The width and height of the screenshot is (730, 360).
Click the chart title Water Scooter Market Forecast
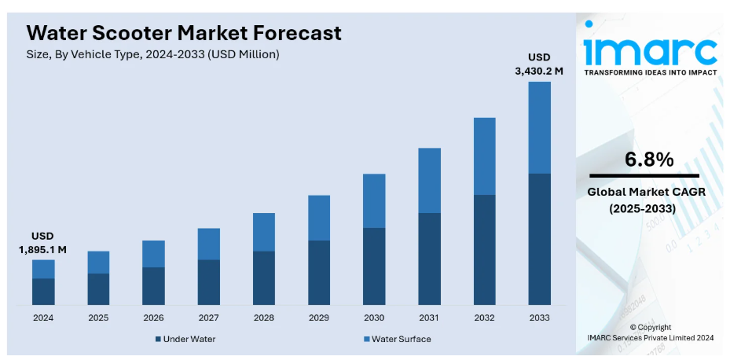click(184, 33)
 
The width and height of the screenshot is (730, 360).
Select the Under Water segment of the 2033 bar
click(539, 239)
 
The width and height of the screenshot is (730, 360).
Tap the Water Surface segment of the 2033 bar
click(539, 127)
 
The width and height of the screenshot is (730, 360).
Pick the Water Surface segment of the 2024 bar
click(43, 269)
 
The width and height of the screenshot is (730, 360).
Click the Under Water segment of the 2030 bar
click(374, 266)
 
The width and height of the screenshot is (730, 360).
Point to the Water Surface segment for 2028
click(264, 232)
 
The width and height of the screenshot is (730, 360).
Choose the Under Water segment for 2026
click(153, 285)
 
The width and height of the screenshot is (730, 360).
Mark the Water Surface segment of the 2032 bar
click(484, 156)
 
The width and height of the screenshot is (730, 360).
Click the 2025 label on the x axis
click(98, 318)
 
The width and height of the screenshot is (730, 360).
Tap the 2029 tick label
click(318, 318)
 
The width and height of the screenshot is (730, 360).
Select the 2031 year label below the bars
click(429, 318)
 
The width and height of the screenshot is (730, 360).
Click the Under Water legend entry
click(185, 339)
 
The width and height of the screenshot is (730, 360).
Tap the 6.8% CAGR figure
click(649, 160)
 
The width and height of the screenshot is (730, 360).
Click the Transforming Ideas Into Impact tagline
click(650, 72)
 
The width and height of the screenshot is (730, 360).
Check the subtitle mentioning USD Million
click(152, 54)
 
